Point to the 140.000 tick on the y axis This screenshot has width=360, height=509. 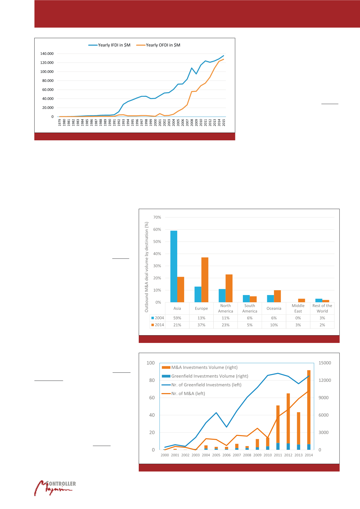point(47,54)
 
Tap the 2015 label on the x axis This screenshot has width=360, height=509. point(224,123)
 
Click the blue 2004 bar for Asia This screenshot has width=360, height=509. point(174,266)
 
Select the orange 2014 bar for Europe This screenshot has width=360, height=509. point(205,280)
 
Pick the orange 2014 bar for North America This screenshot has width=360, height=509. point(229,288)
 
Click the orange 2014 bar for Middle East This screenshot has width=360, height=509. point(302,301)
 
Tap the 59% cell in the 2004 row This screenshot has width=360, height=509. point(177,318)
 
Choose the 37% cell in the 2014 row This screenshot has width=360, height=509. point(201,325)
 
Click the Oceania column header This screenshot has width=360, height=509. point(274,308)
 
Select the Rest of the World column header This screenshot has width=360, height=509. point(322,308)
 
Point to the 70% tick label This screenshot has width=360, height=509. point(157,217)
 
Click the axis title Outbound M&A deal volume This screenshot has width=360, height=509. point(147,267)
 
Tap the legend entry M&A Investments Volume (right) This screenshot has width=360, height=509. point(204,367)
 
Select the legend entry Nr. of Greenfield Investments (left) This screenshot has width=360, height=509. point(206,385)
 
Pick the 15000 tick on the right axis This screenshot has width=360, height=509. point(325,363)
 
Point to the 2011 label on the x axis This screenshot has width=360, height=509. point(278,455)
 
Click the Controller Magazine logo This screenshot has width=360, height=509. point(55,488)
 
